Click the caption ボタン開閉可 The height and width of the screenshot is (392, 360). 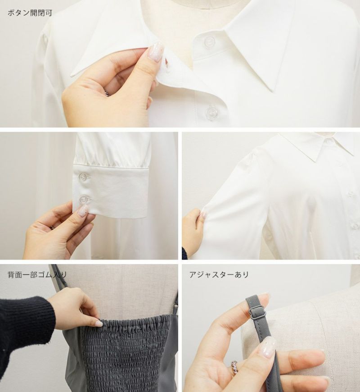[x=30, y=13]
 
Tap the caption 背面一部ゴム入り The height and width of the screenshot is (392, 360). [x=37, y=275]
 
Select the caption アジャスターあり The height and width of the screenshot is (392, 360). [x=219, y=274]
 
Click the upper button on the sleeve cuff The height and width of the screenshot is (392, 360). [x=83, y=177]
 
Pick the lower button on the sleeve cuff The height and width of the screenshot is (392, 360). [x=84, y=200]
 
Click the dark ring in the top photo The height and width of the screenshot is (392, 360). [x=107, y=92]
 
